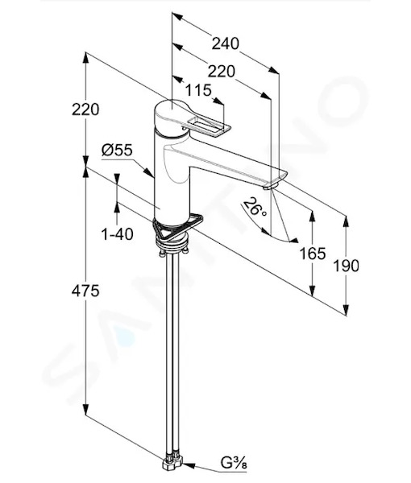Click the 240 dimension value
coord(225,43)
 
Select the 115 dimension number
coord(198,90)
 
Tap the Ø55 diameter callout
coord(117,150)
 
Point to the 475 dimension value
coord(85,291)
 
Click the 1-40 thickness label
coord(117,234)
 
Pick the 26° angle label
coord(255,206)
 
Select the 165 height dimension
coord(313,254)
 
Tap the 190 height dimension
coord(347,266)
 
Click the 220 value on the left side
coord(85,109)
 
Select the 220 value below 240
coord(222,72)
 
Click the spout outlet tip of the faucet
coord(272,185)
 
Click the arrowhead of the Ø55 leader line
coord(149,172)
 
